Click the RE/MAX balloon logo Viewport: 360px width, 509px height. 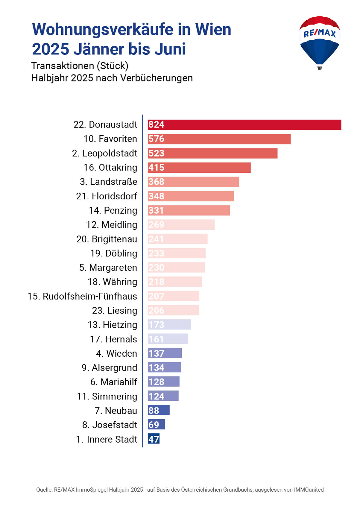coord(319,42)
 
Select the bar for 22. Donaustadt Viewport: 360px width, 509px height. coord(244,125)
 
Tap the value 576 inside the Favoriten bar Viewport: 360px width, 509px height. coord(157,139)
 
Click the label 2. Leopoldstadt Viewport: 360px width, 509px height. coord(105,153)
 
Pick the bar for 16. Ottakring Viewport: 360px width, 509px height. coord(199,168)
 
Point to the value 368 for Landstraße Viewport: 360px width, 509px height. coord(157,182)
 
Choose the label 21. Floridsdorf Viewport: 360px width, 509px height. coord(107,196)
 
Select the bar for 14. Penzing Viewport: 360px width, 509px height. coord(189,210)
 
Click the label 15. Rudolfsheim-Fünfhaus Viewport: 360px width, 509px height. coord(82,296)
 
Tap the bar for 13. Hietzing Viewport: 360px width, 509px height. coord(169,325)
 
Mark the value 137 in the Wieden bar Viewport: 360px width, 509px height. coord(157,353)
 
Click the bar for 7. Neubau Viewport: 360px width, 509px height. coord(159,410)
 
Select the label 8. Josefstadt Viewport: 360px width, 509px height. coord(110,425)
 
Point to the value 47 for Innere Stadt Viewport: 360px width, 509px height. coord(154,439)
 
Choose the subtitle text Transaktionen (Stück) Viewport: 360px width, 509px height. coord(80,66)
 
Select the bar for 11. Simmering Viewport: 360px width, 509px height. coord(163,396)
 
